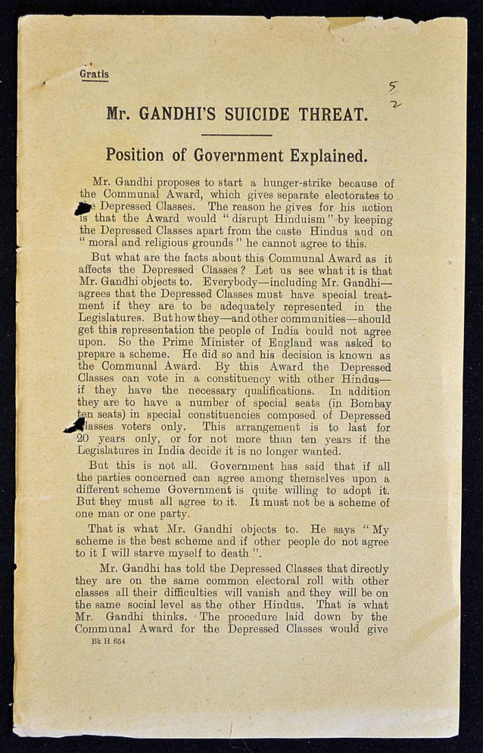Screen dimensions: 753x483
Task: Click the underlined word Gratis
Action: (x=94, y=74)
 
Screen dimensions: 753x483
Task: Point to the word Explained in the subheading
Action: (x=327, y=155)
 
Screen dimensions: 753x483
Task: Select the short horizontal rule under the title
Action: (x=237, y=135)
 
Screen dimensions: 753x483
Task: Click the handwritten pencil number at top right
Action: (x=393, y=95)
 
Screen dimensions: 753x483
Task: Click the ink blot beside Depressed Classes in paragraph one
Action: (x=83, y=209)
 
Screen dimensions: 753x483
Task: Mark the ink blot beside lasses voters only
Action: (x=75, y=425)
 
